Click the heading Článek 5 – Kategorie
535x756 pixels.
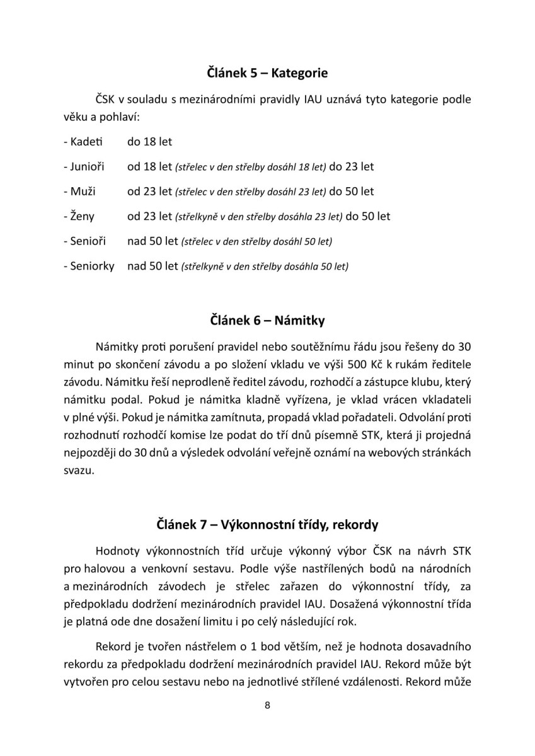pyautogui.click(x=267, y=73)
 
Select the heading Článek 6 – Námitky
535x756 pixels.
pyautogui.click(x=267, y=321)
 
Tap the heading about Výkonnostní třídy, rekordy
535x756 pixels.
pyautogui.click(x=267, y=524)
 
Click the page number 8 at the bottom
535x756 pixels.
pyautogui.click(x=267, y=723)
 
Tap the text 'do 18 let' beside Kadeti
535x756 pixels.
pyautogui.click(x=149, y=142)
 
